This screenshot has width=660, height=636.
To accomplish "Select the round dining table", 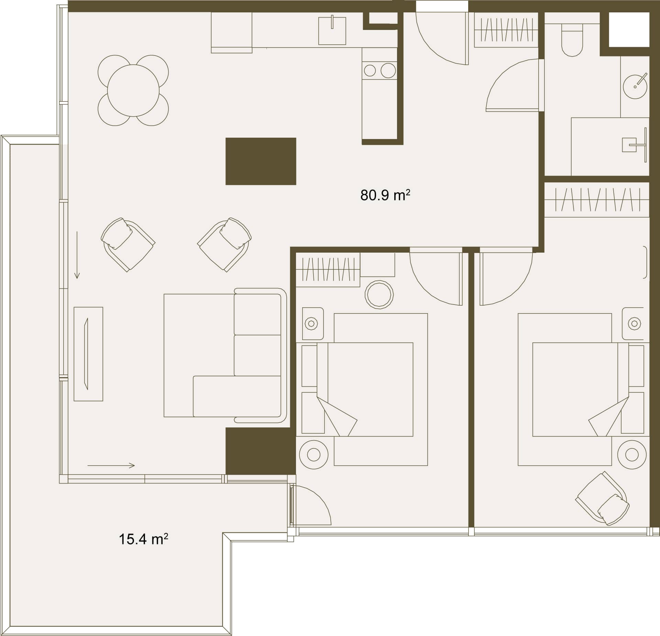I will point(133,91).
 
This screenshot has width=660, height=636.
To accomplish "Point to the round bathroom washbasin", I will point(635,87).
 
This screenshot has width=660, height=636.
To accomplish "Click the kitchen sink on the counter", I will point(332,31).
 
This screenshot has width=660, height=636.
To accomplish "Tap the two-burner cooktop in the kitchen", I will point(379,71).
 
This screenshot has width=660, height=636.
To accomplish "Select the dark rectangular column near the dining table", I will point(261,161).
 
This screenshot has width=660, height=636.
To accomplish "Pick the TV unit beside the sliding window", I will point(88,354).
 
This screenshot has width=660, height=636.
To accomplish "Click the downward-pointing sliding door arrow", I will point(77,255).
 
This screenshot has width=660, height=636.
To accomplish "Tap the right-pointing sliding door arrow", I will point(111,466).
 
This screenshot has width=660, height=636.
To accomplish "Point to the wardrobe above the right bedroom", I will point(597,200).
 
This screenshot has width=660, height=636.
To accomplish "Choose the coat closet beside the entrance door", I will point(506,30).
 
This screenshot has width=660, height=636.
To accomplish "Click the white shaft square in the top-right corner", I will point(629,30).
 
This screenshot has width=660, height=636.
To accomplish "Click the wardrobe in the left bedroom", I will point(328,270).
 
